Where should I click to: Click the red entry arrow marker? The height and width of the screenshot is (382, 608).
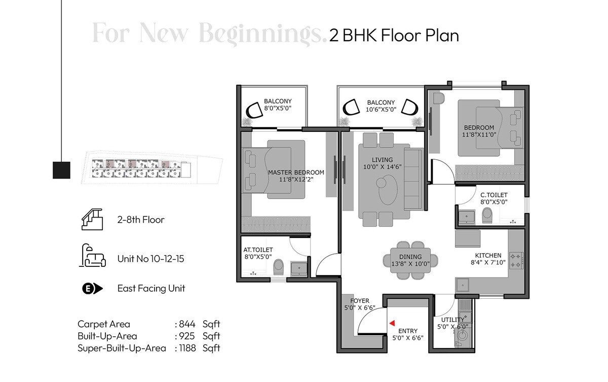tap(391, 322)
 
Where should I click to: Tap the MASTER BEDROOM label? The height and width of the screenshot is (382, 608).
tap(296, 172)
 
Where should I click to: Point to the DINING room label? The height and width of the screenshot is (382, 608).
tap(408, 257)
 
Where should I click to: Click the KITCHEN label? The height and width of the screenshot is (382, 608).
tap(488, 255)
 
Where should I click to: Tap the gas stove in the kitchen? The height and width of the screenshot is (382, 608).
tap(516, 260)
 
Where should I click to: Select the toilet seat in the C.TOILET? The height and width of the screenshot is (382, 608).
tap(487, 216)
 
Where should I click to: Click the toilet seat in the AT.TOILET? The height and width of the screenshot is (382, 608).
tap(278, 267)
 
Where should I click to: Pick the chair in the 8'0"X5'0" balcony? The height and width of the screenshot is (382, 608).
tap(253, 111)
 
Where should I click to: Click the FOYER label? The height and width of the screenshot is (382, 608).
tap(360, 301)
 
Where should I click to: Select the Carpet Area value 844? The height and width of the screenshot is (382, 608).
tap(187, 324)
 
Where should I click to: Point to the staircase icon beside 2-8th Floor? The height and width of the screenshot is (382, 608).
tap(92, 220)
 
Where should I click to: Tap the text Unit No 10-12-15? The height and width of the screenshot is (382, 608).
tap(150, 259)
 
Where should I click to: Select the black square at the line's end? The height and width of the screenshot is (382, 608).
tap(61, 170)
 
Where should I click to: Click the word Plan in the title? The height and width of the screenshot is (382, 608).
tap(441, 36)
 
